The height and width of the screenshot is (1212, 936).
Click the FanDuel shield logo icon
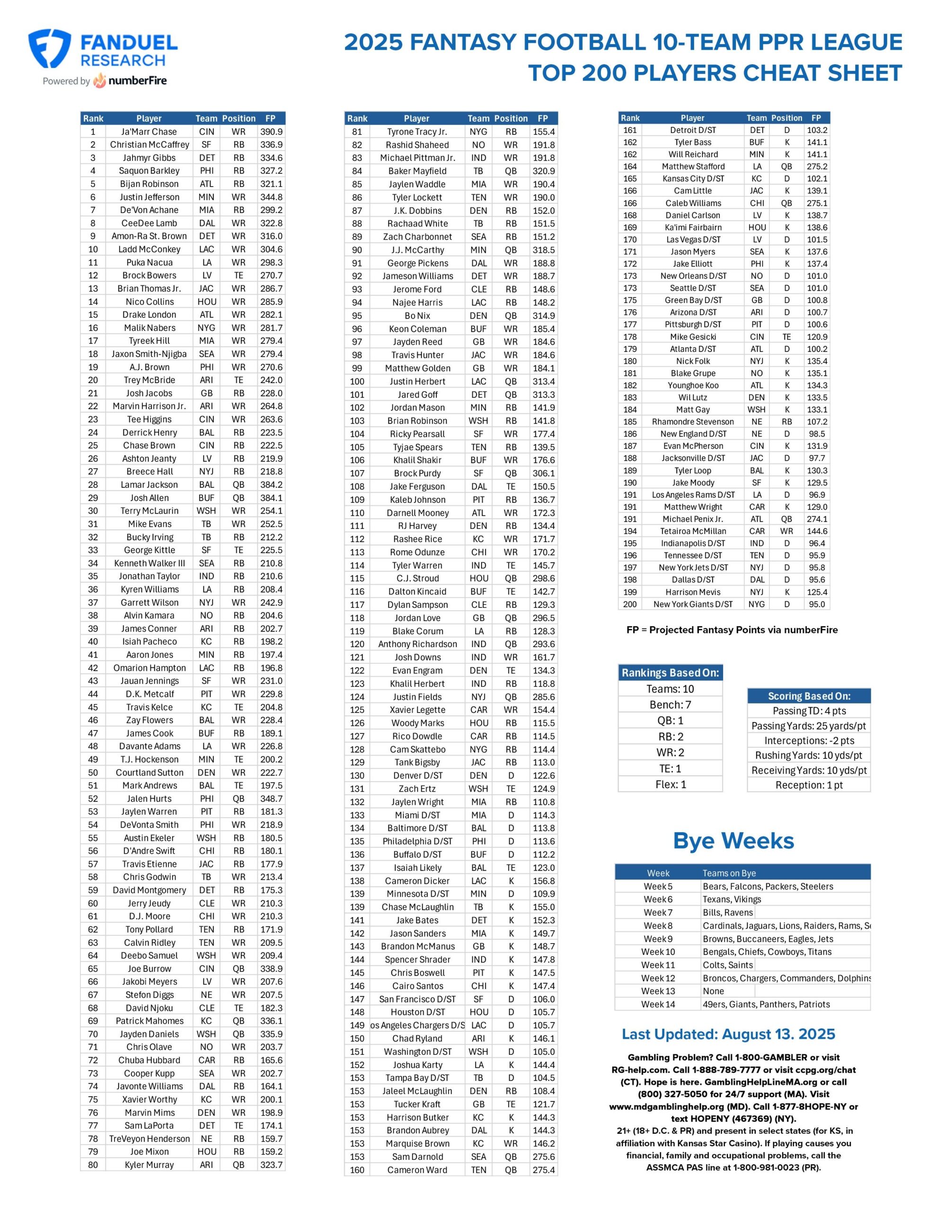click(x=49, y=48)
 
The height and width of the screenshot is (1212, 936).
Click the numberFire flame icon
click(x=99, y=80)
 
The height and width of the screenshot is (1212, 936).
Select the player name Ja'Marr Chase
click(x=149, y=132)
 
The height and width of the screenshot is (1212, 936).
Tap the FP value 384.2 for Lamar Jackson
click(x=271, y=484)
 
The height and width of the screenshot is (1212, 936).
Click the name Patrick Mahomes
click(x=149, y=1021)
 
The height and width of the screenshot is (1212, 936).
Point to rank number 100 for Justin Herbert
click(x=357, y=381)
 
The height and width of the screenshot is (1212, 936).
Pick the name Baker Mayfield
click(x=417, y=171)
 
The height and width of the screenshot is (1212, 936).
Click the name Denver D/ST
click(x=417, y=775)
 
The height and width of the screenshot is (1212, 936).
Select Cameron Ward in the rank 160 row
click(x=417, y=1170)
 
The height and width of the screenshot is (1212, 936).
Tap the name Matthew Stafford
click(x=692, y=167)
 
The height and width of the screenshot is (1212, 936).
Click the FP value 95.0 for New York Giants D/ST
click(x=816, y=604)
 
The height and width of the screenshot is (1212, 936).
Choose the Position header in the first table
click(x=238, y=118)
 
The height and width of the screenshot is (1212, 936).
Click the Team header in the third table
click(x=756, y=117)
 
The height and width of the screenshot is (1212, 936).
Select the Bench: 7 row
click(x=670, y=705)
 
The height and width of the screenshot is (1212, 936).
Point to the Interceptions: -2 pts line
click(x=808, y=740)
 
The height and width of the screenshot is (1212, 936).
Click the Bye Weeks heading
click(x=733, y=841)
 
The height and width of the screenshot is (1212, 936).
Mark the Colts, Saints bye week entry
click(x=727, y=965)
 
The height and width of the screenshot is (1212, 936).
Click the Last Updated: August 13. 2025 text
click(x=728, y=1034)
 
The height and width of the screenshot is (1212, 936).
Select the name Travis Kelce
click(x=149, y=707)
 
